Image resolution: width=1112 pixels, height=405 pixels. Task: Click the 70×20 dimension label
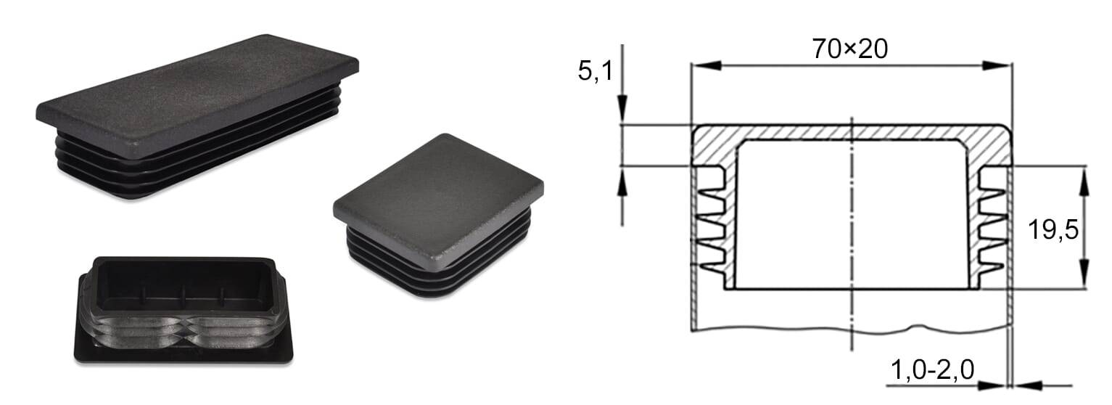coord(850,49)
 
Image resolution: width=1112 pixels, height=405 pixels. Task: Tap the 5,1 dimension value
coord(596,70)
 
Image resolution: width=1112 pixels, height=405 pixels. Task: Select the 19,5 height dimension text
coord(1053,230)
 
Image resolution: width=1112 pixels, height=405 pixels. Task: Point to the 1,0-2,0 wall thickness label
coord(933,369)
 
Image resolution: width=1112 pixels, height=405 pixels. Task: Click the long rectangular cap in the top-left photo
coord(197,117)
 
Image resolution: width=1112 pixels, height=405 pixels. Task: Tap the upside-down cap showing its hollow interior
coord(184,310)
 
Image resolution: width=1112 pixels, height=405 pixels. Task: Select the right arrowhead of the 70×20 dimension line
coord(997,65)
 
